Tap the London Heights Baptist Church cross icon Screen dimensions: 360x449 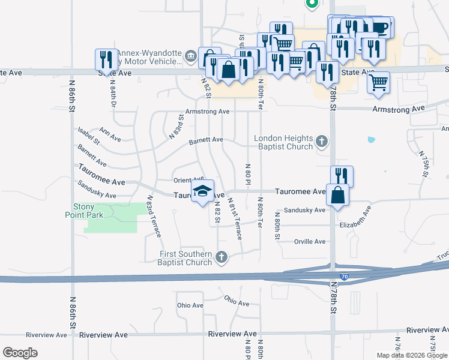pyautogui.click(x=322, y=142)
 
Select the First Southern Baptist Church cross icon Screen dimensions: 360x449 pyautogui.click(x=221, y=258)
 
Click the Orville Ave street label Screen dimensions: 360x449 pyautogui.click(x=310, y=241)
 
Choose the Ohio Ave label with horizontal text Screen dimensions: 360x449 pyautogui.click(x=190, y=305)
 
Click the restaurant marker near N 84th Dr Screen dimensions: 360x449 pyautogui.click(x=106, y=59)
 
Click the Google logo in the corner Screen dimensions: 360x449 pyautogui.click(x=20, y=353)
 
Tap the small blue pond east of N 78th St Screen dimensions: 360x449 pyautogui.click(x=371, y=140)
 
